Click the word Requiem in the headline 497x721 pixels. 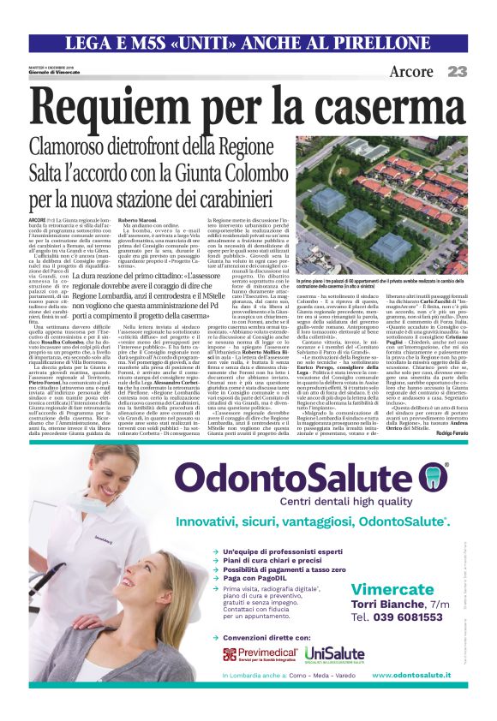click(112, 108)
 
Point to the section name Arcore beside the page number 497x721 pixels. click(411, 72)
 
